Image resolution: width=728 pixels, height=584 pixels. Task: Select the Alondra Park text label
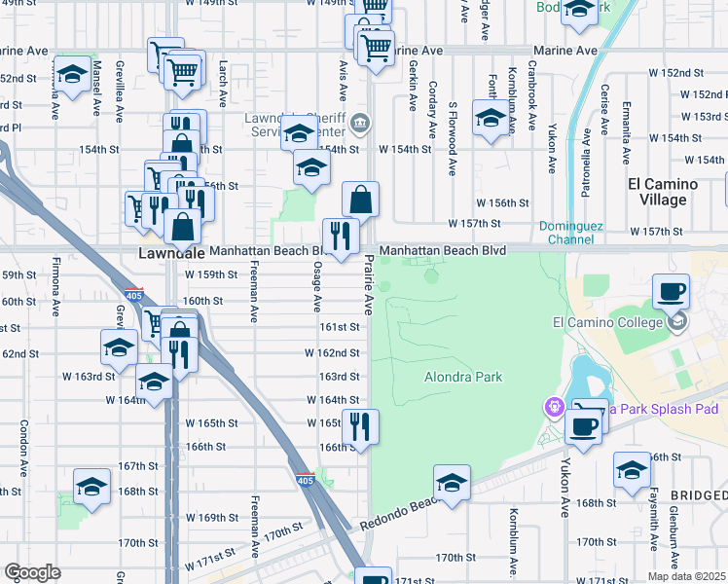(x=463, y=377)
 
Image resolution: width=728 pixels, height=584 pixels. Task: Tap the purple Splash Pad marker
(x=556, y=407)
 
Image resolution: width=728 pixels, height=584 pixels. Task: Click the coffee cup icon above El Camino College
(x=670, y=291)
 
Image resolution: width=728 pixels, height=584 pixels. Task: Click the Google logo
(x=32, y=572)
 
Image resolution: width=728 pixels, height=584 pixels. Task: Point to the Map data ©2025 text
(x=686, y=576)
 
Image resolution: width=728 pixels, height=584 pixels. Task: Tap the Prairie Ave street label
(x=369, y=284)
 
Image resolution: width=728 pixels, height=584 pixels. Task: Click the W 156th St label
(x=501, y=203)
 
